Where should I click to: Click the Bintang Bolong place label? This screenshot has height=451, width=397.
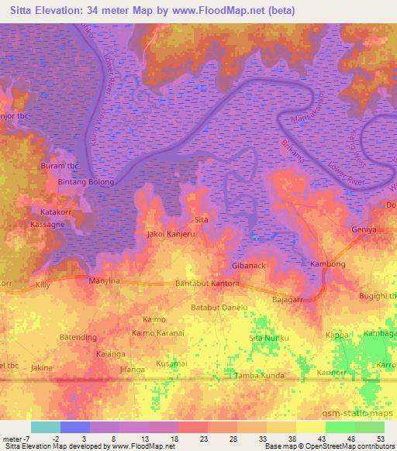86,182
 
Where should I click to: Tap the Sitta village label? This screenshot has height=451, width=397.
201,220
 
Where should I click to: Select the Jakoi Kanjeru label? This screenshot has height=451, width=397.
171,232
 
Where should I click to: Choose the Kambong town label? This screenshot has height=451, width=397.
327,264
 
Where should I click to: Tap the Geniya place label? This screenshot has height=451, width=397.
364,230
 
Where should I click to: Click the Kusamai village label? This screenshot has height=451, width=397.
172,363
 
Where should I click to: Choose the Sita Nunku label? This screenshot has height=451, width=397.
268,339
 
